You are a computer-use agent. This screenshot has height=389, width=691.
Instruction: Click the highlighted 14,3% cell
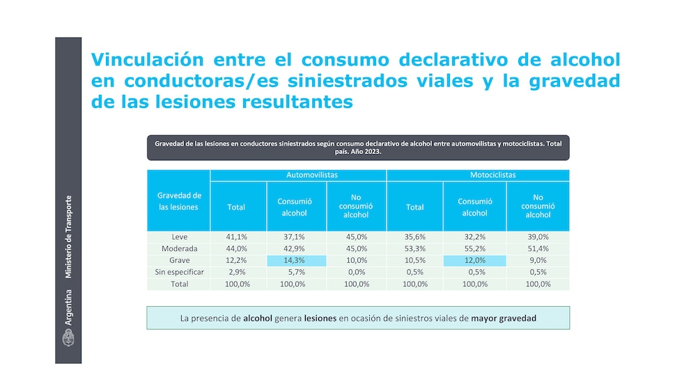(x=296, y=261)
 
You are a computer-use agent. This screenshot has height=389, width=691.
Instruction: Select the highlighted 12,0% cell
(x=474, y=261)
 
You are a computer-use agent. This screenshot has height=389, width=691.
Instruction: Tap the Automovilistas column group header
(x=298, y=175)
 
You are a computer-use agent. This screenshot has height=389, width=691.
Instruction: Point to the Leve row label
(x=179, y=237)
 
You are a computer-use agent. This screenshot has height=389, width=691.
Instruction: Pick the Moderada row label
(x=179, y=249)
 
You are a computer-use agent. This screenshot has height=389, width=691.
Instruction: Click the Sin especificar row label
(x=179, y=273)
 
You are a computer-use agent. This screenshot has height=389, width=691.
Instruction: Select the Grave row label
(x=179, y=261)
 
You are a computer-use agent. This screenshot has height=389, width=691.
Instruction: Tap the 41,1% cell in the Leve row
(x=237, y=237)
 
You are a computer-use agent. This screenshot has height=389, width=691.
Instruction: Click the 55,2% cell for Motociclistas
(x=474, y=249)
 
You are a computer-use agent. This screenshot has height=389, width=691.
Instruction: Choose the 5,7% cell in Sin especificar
(x=296, y=273)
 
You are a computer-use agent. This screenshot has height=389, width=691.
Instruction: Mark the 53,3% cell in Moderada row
(x=415, y=249)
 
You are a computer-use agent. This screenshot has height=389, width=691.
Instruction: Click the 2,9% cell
(x=237, y=273)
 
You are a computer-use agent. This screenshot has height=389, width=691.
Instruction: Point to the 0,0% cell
(x=356, y=273)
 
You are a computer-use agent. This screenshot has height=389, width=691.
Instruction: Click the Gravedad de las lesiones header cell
(x=179, y=201)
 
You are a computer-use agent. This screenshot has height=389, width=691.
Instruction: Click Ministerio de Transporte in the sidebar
(x=68, y=238)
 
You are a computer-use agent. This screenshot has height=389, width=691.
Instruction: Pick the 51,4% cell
(x=538, y=249)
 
